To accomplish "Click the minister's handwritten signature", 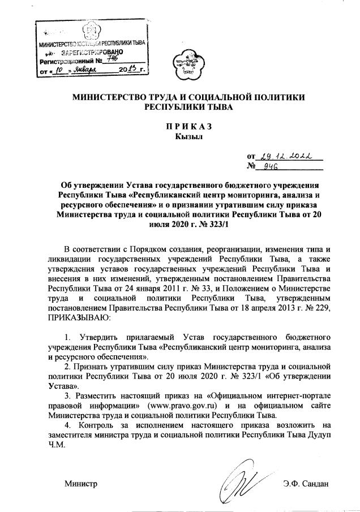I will [x=239, y=478].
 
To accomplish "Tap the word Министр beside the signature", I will [x=80, y=484].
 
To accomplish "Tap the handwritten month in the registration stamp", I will [x=84, y=70].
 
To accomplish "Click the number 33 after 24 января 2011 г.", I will [x=209, y=287].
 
